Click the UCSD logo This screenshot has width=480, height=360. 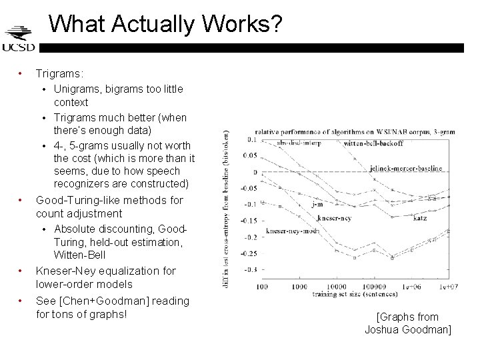pos(18,39)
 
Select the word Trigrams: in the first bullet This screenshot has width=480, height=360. pos(59,73)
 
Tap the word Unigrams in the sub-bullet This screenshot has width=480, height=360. pos(76,88)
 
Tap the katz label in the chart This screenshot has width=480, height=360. pos(420,218)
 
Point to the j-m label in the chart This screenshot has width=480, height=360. pos(317,205)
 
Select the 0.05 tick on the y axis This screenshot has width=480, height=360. pos(249,156)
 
